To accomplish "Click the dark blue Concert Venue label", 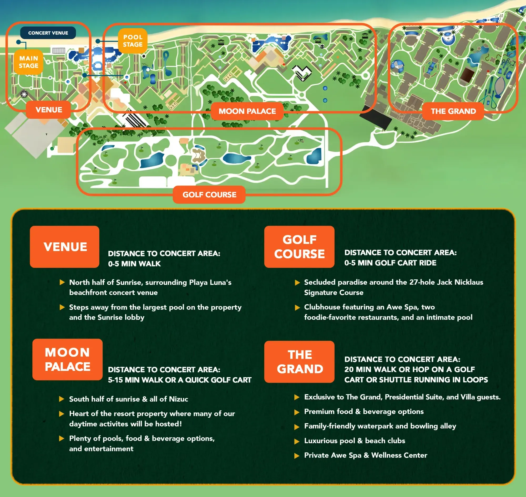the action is pos(48,33).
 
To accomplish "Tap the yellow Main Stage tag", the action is pos(29,62).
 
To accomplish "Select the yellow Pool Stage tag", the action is pos(133,41).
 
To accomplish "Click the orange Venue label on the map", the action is pos(49,110).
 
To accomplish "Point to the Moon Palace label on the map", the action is pos(247,111).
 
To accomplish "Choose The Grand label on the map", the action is pos(453,111).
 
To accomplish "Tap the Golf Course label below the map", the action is pos(209,195).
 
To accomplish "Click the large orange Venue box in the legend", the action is pos(65,247).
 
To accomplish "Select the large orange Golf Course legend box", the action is pos(299,247).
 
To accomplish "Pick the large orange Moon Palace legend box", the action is pos(67,360).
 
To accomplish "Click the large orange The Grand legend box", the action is pos(300,362).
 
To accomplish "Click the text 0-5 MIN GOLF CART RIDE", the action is pos(390,263).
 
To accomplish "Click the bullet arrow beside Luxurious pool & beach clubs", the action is pos(297,441).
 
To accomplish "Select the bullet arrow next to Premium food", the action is pos(297,412).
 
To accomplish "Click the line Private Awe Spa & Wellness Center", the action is pos(366,455).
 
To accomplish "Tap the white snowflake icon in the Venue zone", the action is pos(24,94).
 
